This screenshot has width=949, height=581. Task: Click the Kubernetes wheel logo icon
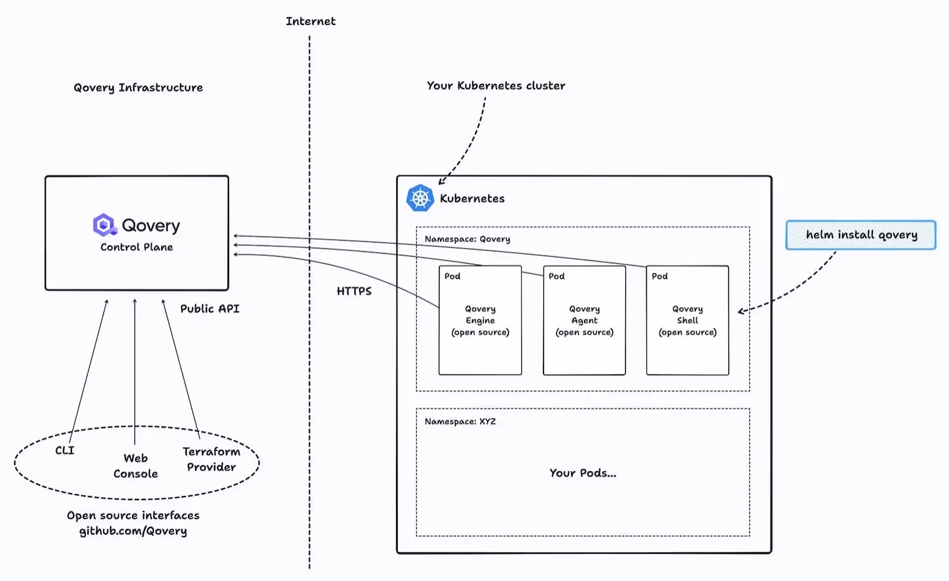tap(420, 198)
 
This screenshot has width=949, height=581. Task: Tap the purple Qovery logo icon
tap(104, 225)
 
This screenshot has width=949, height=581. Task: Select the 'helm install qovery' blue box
tap(860, 235)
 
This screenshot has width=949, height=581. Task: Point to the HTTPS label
tap(354, 291)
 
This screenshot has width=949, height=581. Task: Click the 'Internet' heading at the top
tap(310, 21)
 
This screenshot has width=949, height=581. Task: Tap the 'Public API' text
tap(209, 309)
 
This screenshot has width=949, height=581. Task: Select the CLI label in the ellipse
tap(65, 450)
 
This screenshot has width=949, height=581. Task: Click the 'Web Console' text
tap(136, 466)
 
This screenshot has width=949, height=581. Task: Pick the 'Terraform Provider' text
tap(211, 459)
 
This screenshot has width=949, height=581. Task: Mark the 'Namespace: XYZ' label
tap(460, 422)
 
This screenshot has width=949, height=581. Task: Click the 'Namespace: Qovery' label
tap(467, 239)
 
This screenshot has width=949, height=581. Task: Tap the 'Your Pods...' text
tap(582, 473)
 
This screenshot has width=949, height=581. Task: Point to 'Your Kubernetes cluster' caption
tap(496, 86)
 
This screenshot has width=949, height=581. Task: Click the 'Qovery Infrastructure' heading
tap(138, 88)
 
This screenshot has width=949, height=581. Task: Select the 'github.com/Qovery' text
tap(133, 531)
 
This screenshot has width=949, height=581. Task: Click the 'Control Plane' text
tap(136, 247)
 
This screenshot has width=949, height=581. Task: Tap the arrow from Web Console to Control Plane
tap(135, 369)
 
